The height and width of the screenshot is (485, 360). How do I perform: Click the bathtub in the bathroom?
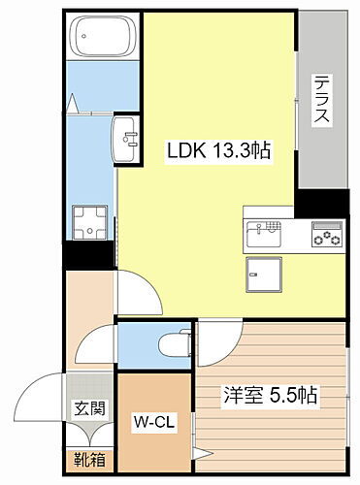[x=104, y=40]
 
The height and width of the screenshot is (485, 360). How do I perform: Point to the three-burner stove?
[x=325, y=233]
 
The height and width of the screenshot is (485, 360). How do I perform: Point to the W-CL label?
[x=153, y=423]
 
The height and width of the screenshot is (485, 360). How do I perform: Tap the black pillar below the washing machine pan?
[x=88, y=255]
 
